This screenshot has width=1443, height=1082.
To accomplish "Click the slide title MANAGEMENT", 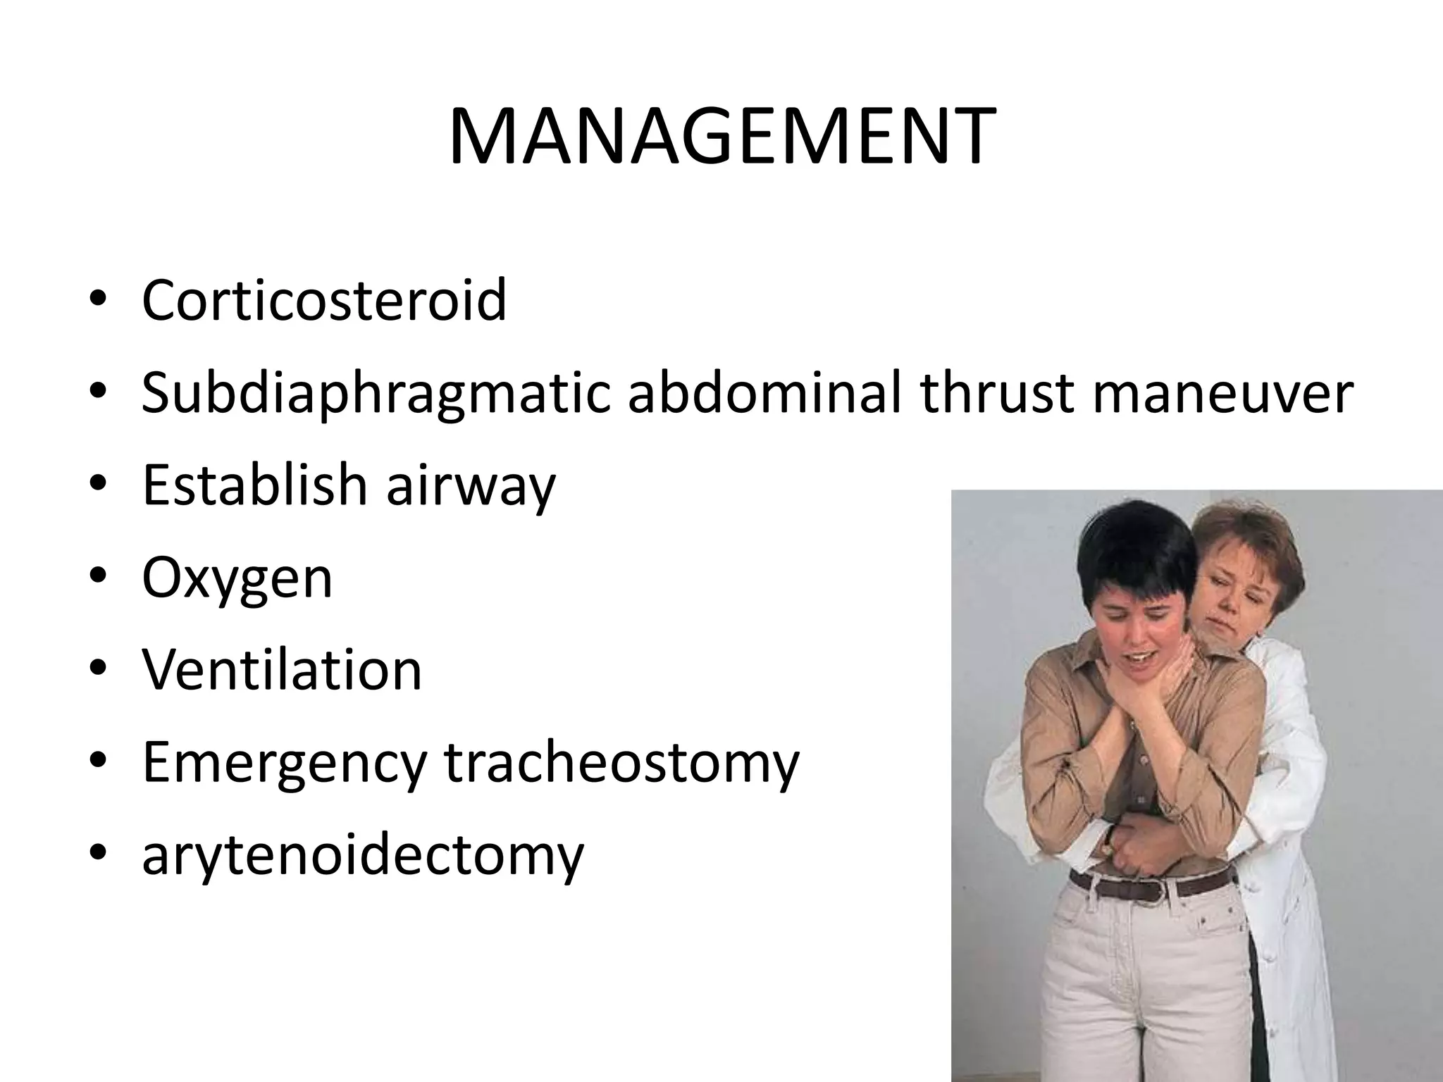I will (721, 137).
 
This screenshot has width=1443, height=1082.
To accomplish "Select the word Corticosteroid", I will (324, 300).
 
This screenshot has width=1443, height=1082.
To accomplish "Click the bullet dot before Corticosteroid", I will (98, 301).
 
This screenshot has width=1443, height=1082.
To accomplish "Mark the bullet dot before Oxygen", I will (98, 578).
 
